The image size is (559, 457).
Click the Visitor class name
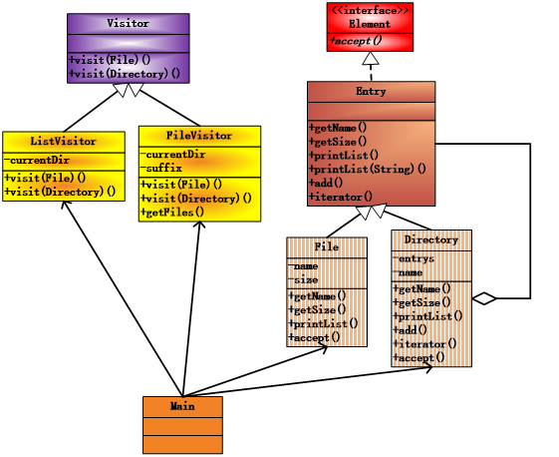coord(128,23)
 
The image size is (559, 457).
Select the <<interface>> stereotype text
coord(370,10)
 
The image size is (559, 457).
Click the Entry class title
coord(371,92)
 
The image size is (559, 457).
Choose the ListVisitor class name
coord(63,142)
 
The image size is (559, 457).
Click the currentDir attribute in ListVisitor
coord(40,160)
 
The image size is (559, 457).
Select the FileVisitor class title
coord(199,136)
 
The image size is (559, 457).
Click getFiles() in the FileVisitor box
coord(172,213)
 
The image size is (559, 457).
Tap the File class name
coord(326,246)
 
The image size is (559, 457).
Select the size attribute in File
coord(306,279)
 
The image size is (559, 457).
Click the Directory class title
coord(430,240)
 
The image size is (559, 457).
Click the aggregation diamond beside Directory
coord(484,297)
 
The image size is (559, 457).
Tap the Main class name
coord(182,406)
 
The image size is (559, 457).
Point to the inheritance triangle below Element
coord(371,59)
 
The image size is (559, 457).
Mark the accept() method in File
coord(314,338)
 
